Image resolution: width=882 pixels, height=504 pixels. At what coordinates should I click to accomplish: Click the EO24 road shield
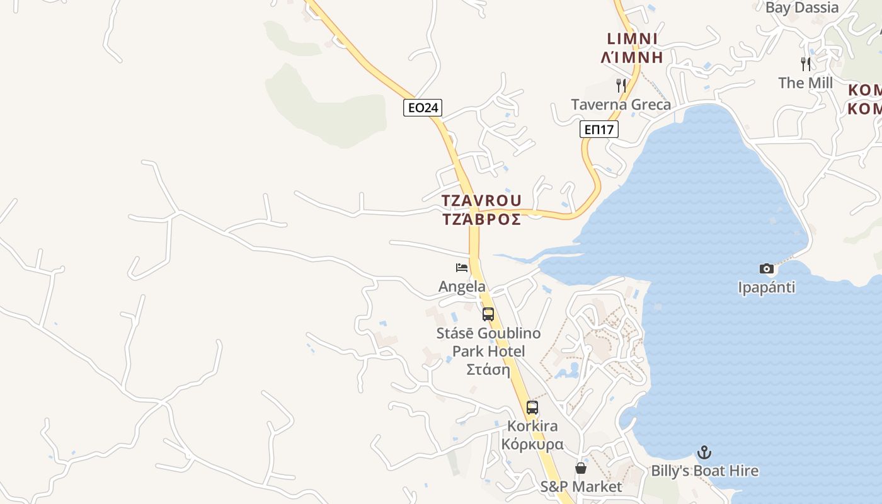pos(423,108)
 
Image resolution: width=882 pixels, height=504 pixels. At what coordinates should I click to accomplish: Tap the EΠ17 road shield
pos(599,130)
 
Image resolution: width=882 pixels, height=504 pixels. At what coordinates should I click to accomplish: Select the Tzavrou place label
pos(481,210)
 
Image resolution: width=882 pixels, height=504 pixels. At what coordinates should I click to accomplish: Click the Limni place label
pos(632,48)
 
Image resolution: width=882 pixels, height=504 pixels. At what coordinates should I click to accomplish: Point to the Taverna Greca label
pos(621,105)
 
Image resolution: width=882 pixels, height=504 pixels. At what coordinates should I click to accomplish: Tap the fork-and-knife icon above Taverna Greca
pos(621,85)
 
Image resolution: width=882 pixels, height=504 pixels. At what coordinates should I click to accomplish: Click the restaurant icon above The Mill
pos(806,64)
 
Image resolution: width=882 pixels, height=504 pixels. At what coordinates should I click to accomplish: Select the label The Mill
pos(806,83)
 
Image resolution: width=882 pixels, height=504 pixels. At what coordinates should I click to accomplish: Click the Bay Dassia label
pos(802,8)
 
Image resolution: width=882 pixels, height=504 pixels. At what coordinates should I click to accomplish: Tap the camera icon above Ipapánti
pos(767,269)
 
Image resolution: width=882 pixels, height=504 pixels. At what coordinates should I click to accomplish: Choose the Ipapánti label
pos(767,288)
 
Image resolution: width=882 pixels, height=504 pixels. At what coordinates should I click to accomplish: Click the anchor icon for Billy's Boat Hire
pos(704,452)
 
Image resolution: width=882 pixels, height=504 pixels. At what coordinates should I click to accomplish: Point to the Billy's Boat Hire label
pos(704,471)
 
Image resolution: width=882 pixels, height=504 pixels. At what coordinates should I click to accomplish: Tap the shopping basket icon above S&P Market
pos(581,468)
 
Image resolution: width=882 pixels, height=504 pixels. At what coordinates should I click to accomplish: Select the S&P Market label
pos(581,487)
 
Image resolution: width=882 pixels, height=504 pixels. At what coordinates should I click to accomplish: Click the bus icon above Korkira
pos(532,408)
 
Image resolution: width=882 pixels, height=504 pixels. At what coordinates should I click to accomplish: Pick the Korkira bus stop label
pos(532,435)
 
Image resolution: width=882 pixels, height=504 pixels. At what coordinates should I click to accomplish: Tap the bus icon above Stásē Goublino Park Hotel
pos(488,314)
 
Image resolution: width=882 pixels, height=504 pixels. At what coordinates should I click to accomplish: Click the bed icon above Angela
pos(462,268)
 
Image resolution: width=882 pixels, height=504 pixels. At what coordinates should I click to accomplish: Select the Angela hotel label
pos(462,287)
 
